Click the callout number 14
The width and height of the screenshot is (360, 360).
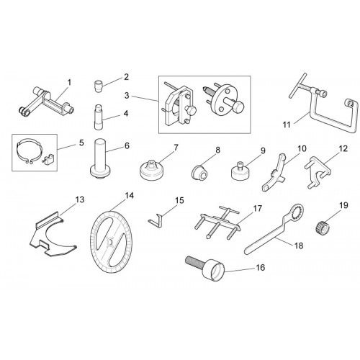[129, 196]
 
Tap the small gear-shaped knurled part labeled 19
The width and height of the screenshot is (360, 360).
[321, 228]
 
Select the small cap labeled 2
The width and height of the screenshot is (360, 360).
[98, 86]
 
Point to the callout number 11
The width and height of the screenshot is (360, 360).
[287, 125]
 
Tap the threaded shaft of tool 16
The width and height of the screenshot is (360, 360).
[194, 261]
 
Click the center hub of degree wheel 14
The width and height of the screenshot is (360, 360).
[111, 241]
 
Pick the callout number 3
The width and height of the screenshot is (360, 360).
[127, 96]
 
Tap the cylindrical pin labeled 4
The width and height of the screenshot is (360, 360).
[99, 117]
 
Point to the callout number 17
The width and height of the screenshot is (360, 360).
[257, 208]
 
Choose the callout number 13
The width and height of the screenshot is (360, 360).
[80, 199]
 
